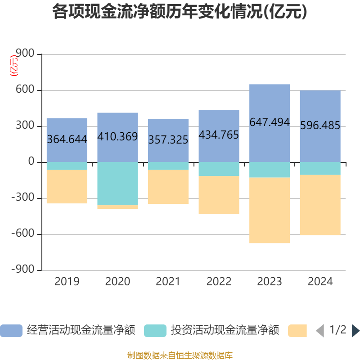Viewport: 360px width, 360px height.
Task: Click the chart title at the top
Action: [x=180, y=12]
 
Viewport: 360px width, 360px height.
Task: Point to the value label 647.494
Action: [x=270, y=122]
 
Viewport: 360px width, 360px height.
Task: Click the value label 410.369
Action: [x=117, y=136]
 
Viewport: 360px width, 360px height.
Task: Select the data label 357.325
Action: [x=168, y=140]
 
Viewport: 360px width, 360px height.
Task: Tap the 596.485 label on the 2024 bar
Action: [x=320, y=126]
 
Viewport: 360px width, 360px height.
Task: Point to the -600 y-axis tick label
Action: [x=23, y=234]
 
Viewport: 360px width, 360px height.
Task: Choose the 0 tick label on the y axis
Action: [x=31, y=162]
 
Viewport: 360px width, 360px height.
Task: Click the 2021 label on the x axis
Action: [x=168, y=282]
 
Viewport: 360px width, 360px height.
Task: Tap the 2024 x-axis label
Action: [x=320, y=282]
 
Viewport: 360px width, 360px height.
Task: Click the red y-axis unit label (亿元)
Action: [x=14, y=66]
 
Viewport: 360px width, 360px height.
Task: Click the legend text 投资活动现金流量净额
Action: [x=225, y=331]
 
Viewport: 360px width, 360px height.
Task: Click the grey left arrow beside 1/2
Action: [x=319, y=331]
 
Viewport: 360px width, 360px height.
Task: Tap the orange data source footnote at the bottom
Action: [x=180, y=355]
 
